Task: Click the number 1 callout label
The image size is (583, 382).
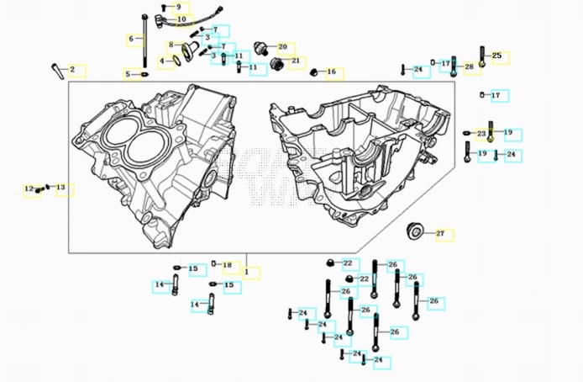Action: tap(246, 273)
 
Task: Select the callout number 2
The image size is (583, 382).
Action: tap(72, 69)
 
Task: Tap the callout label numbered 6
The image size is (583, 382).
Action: tap(130, 40)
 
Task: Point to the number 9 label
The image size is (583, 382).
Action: tap(178, 7)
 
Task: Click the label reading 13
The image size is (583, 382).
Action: tap(60, 187)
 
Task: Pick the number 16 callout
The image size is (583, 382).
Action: tap(331, 72)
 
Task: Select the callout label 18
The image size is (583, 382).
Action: tap(227, 265)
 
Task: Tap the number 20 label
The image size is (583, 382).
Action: tap(282, 46)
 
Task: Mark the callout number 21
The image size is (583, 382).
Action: tap(295, 61)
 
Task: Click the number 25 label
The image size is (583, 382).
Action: tap(496, 56)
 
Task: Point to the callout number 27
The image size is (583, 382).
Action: tap(439, 233)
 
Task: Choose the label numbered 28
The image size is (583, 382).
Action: tap(469, 66)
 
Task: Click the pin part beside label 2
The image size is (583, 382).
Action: tap(56, 68)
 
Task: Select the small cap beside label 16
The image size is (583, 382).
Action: tap(314, 72)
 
